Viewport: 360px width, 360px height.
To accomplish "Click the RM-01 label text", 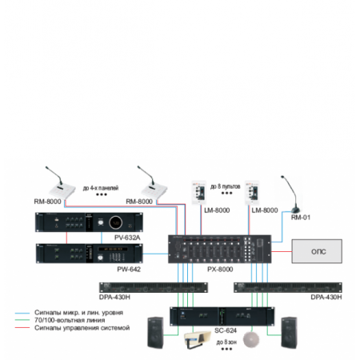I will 300,216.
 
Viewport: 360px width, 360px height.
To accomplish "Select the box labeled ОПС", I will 318,250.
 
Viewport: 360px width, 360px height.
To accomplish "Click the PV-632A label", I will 128,238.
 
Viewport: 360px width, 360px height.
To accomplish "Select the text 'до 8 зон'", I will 230,341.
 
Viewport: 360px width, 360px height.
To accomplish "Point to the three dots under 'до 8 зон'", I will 230,349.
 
